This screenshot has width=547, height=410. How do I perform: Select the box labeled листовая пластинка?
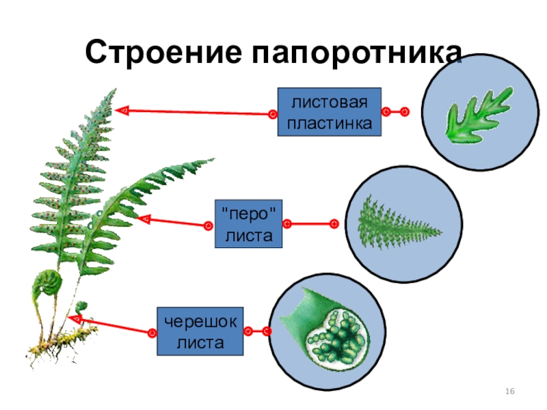[329, 112]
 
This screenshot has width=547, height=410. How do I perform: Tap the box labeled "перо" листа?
[247, 223]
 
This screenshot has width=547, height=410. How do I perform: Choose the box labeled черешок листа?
[200, 331]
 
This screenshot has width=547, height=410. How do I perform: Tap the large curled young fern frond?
[48, 283]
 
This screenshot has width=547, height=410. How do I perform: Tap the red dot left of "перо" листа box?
[210, 224]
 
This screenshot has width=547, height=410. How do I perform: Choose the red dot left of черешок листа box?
[152, 333]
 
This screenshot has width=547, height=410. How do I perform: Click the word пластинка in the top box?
[329, 124]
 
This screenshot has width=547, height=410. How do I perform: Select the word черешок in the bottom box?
[200, 322]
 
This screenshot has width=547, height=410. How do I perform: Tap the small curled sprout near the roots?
[81, 307]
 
